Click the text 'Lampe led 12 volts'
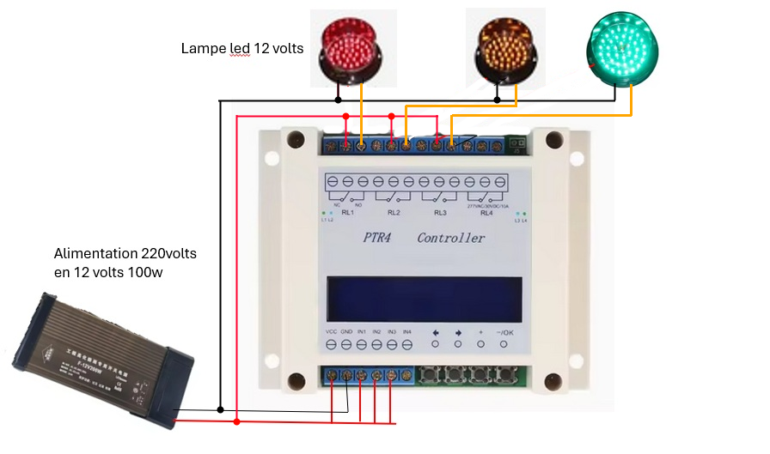(242, 49)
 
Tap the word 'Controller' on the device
(451, 238)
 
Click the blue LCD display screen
(423, 300)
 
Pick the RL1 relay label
(348, 212)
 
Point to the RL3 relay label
(440, 212)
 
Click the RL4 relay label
(486, 212)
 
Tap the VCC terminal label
(331, 331)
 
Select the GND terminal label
(346, 331)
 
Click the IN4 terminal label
(407, 331)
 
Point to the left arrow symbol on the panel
(436, 332)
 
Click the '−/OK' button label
(504, 332)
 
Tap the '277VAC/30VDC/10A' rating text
(486, 206)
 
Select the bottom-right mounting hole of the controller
(551, 380)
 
